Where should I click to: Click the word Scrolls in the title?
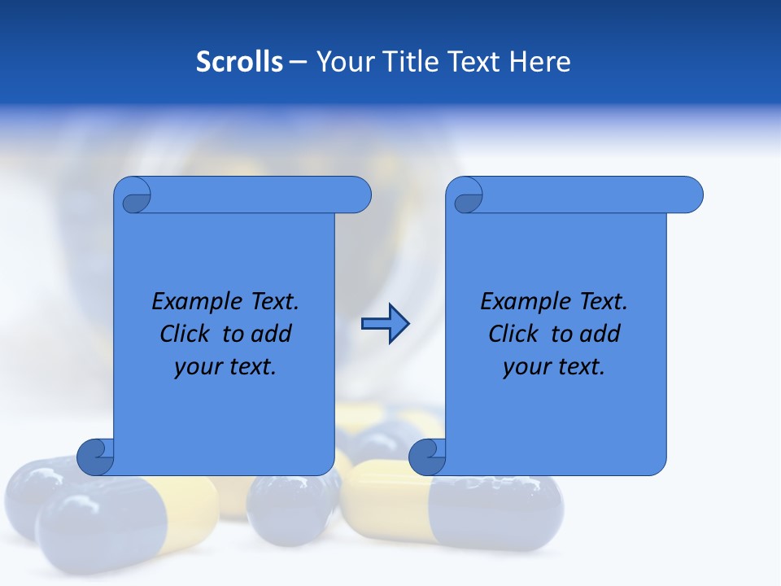click(x=239, y=61)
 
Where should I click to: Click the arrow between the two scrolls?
click(x=385, y=324)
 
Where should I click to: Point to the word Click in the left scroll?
click(x=184, y=334)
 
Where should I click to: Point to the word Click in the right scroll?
click(x=513, y=334)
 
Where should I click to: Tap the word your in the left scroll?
click(x=197, y=366)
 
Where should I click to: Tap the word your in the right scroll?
click(x=526, y=366)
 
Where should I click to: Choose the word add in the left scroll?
click(x=272, y=334)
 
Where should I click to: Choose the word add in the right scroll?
click(x=600, y=334)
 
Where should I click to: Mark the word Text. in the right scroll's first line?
click(x=603, y=301)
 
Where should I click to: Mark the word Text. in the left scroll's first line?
click(x=274, y=301)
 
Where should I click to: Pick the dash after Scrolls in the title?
click(x=298, y=62)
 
